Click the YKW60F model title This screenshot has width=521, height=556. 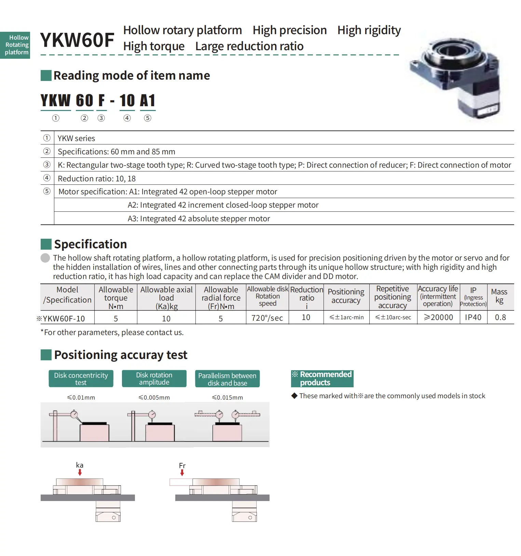pyautogui.click(x=77, y=40)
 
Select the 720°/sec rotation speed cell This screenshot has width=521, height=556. pyautogui.click(x=267, y=318)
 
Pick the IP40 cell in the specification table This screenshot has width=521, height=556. pyautogui.click(x=473, y=317)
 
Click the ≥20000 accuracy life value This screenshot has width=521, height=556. pyautogui.click(x=438, y=317)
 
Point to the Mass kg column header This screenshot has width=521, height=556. pyautogui.click(x=499, y=296)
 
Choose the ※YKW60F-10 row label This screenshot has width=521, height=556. pyautogui.click(x=61, y=319)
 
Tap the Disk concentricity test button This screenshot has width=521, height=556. pyautogui.click(x=81, y=379)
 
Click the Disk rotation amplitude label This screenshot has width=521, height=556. pyautogui.click(x=154, y=379)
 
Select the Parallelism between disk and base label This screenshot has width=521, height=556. pyautogui.click(x=227, y=379)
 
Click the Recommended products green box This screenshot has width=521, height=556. pyautogui.click(x=322, y=378)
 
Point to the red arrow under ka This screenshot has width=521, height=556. pyautogui.click(x=80, y=472)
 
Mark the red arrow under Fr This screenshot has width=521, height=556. pyautogui.click(x=182, y=473)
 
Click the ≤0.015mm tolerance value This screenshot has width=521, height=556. pyautogui.click(x=227, y=398)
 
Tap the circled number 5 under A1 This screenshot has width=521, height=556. pyautogui.click(x=148, y=118)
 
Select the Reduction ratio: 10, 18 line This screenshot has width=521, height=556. pyautogui.click(x=97, y=179)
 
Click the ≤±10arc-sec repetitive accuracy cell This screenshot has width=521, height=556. pyautogui.click(x=393, y=317)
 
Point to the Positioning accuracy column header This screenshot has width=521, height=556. pyautogui.click(x=346, y=296)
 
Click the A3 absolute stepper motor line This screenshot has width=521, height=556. pyautogui.click(x=199, y=219)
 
